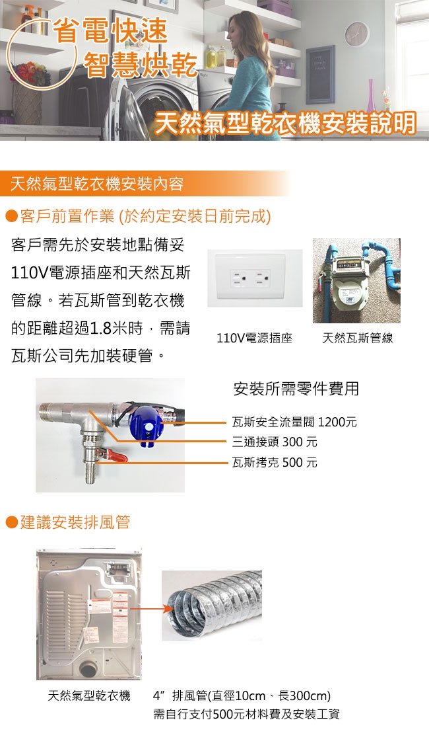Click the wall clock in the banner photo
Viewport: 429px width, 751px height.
pos(356,34)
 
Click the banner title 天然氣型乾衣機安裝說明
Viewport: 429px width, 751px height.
pos(285,123)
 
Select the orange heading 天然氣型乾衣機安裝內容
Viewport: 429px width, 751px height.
pos(97,184)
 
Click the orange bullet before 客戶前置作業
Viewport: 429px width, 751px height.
pos(11,216)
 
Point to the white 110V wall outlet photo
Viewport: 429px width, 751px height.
pos(255,278)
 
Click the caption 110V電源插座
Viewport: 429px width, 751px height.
pos(255,338)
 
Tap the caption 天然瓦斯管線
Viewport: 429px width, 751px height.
pos(357,338)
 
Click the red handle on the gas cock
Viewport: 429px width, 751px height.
pos(115,455)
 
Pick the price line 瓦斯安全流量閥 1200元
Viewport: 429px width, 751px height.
pos(294,422)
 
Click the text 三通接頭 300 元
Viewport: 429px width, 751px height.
pos(275,442)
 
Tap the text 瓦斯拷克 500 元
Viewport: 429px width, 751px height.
pos(275,462)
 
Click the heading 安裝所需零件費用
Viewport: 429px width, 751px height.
pos(296,389)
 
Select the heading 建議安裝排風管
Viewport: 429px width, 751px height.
pos(75,522)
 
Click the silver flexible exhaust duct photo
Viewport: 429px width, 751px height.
pos(212,606)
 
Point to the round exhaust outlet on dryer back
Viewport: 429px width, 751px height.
pos(88,668)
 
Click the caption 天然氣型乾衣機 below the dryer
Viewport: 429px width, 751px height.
pos(89,695)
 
